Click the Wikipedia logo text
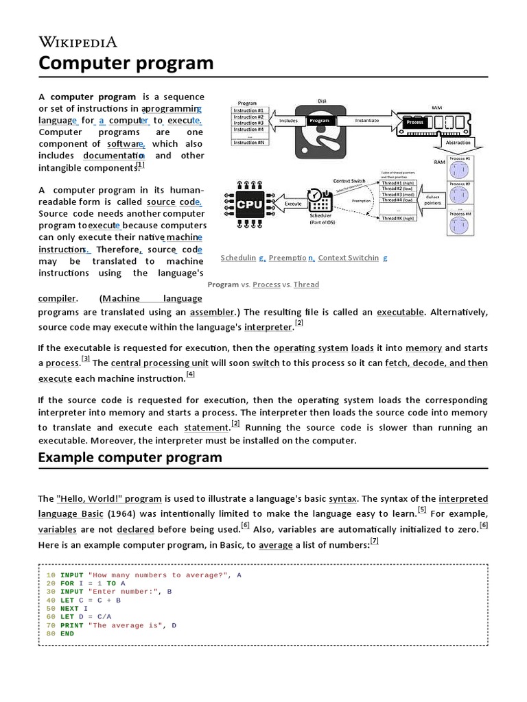point(78,42)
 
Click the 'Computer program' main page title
point(126,63)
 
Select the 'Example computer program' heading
point(130,457)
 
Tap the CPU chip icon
point(244,204)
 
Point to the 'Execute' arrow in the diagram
point(293,204)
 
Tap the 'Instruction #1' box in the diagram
point(248,110)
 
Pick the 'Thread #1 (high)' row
point(399,183)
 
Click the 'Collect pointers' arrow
point(433,199)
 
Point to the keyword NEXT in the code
point(69,608)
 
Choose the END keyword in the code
point(67,633)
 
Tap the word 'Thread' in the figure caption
point(306,285)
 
